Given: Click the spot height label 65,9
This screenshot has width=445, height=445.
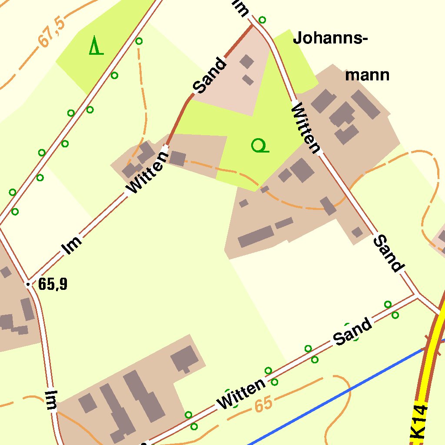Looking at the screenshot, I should [x=53, y=284].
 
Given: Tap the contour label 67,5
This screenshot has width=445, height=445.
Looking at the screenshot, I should [x=51, y=33].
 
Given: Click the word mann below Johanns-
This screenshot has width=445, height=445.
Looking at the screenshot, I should [x=367, y=75].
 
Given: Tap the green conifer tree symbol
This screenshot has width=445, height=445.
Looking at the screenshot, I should [x=96, y=46].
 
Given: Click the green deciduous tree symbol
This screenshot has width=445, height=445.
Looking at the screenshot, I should [x=259, y=146].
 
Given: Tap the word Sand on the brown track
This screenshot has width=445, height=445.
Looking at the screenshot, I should [x=210, y=76].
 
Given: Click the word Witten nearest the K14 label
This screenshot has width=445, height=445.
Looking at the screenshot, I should [x=242, y=393].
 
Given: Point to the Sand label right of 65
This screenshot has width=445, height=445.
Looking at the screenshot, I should [x=353, y=332].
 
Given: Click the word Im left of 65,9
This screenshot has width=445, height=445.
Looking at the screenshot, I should [x=51, y=400].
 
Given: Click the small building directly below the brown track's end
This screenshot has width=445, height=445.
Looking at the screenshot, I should [x=177, y=158].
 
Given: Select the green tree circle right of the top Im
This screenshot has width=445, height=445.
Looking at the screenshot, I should [x=262, y=20].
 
